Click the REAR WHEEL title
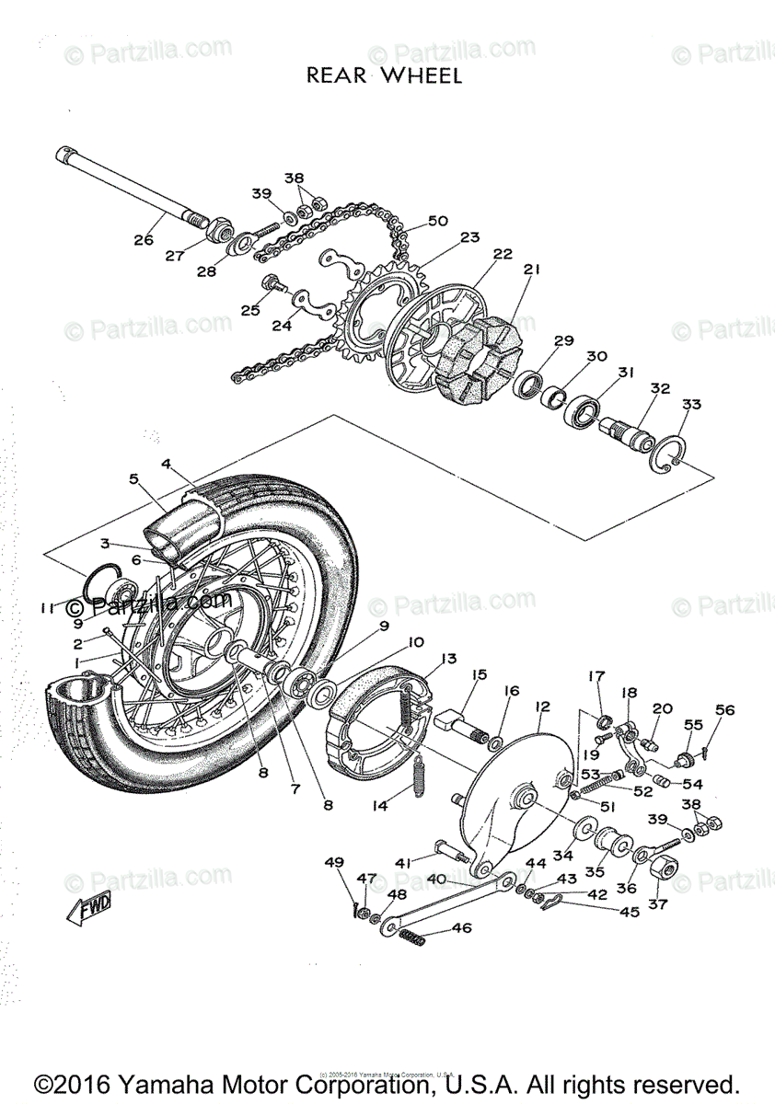pos(384,75)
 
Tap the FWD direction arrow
pos(89,909)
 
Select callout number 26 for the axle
pos(144,240)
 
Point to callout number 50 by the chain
pos(437,221)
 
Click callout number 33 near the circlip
pos(690,405)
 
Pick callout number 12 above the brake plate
pos(542,706)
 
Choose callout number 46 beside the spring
pos(461,929)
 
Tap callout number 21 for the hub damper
pos(531,270)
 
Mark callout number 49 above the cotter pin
pos(334,862)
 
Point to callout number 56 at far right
pos(725,709)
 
